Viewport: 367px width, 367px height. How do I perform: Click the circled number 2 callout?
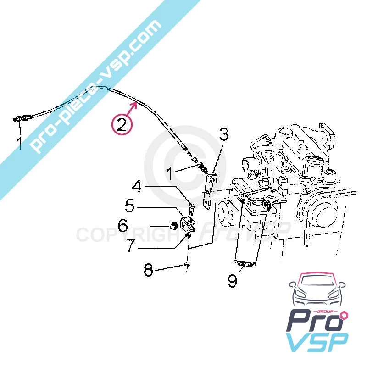122,124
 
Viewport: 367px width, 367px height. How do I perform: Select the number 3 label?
223,134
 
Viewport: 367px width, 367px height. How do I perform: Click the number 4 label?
137,187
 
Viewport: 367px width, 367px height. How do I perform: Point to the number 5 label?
130,206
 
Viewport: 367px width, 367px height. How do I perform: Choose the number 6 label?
123,225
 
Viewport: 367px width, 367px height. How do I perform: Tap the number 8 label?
148,270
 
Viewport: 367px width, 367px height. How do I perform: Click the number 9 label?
233,281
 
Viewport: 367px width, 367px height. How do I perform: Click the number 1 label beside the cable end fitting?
169,174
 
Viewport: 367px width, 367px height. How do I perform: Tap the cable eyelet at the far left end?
22,118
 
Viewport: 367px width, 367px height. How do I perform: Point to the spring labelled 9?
245,264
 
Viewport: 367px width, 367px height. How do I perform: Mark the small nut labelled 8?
187,265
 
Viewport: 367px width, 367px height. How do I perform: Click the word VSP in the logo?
317,342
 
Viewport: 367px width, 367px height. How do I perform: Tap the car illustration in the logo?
317,292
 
